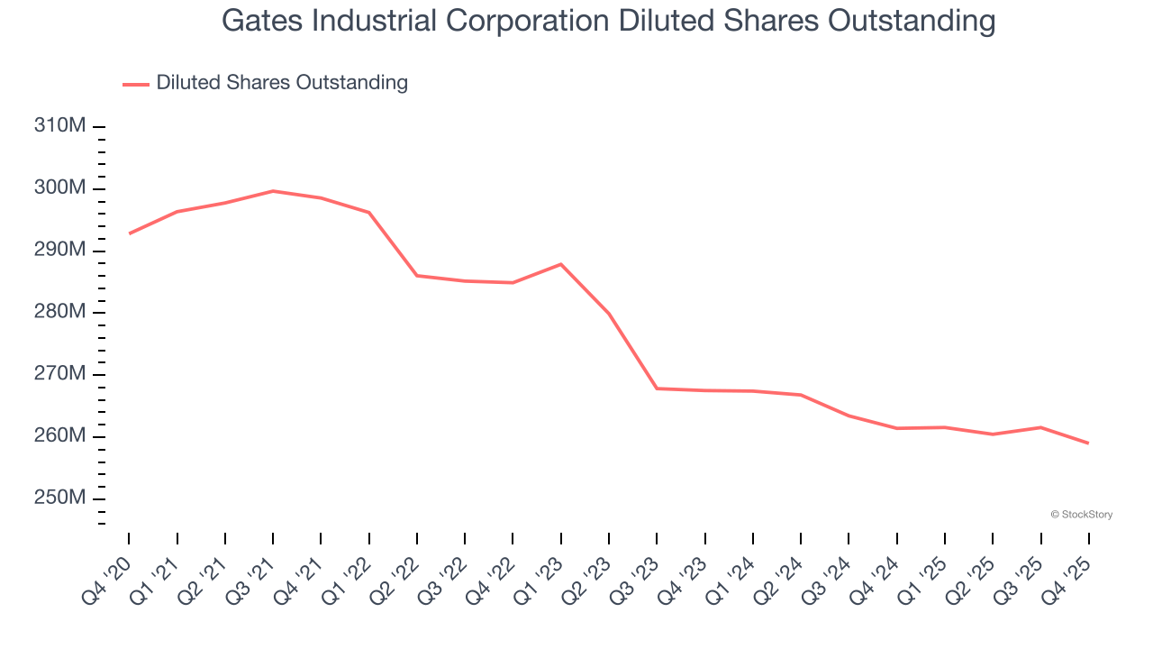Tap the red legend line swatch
[x=135, y=84]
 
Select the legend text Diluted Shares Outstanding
[x=282, y=83]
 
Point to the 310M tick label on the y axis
[x=59, y=126]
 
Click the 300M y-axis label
[x=59, y=188]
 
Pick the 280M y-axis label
[x=59, y=313]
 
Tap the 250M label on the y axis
[x=59, y=498]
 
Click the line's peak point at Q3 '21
[x=273, y=191]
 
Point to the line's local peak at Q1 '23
[x=561, y=264]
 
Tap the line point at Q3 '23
[x=657, y=388]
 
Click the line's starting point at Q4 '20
[x=129, y=233]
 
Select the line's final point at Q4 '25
[x=1089, y=443]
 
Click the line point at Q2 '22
[x=417, y=275]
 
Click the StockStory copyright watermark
[x=1081, y=515]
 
